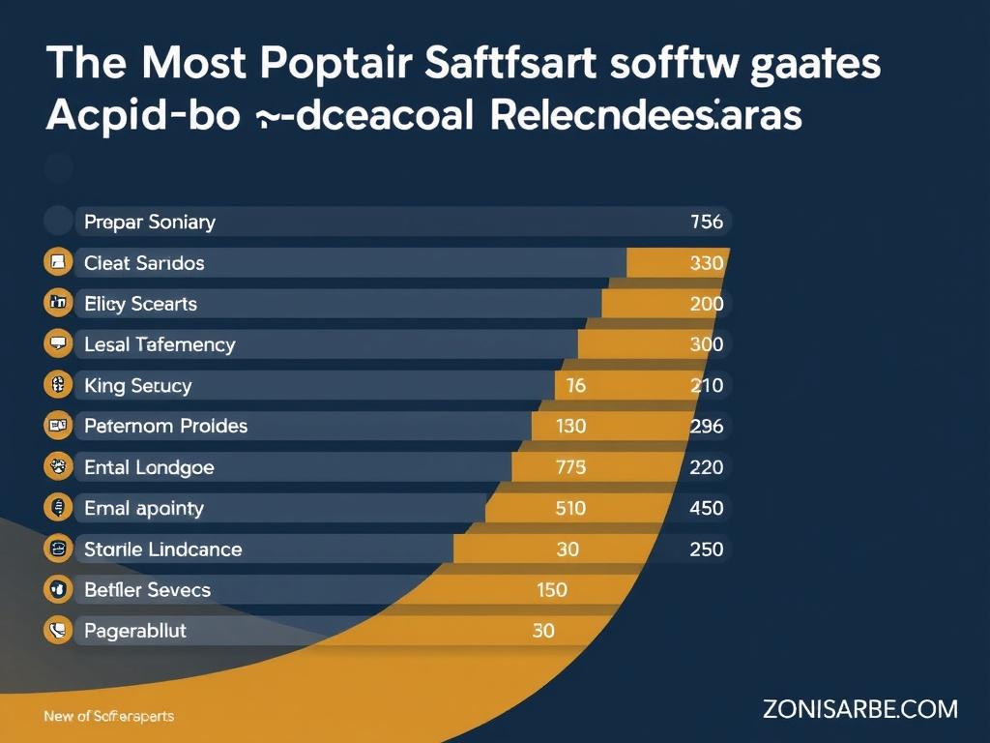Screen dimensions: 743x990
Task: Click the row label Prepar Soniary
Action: point(150,222)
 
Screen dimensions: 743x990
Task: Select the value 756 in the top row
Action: point(707,222)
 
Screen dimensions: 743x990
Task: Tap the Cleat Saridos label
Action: point(145,263)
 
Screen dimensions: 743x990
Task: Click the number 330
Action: point(707,263)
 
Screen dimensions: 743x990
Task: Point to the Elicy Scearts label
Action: point(141,304)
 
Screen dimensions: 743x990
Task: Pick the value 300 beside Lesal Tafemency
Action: point(707,344)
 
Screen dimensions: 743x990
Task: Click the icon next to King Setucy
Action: point(59,385)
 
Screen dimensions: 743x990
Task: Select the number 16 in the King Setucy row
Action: point(575,385)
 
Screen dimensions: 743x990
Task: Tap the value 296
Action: point(707,426)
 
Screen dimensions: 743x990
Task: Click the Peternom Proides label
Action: point(166,426)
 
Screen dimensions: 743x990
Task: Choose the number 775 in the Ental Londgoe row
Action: point(570,467)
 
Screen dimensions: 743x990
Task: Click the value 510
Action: point(570,508)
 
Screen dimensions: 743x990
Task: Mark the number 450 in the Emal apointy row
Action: point(707,508)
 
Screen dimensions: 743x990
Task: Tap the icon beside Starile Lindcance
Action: point(59,549)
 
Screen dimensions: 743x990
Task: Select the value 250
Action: point(707,549)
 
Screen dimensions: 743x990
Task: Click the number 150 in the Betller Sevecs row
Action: point(551,589)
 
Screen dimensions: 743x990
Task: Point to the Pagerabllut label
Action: point(135,631)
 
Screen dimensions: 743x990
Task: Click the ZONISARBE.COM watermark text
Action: point(859,709)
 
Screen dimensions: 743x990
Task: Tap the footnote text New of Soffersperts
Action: point(109,717)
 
